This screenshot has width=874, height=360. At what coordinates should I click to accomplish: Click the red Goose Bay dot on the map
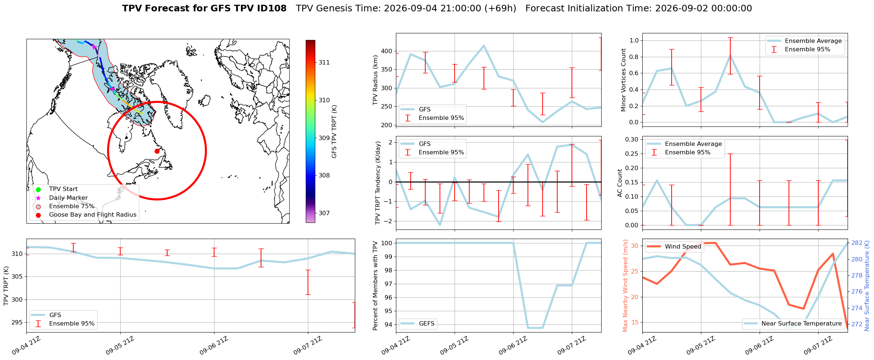click(157, 151)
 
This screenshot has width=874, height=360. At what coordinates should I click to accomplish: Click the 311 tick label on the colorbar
click(324, 62)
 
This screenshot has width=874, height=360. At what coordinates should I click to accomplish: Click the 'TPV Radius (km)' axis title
click(375, 80)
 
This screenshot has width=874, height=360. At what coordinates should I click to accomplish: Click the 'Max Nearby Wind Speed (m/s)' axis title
click(625, 286)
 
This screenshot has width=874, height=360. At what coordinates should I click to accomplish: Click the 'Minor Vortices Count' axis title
click(624, 80)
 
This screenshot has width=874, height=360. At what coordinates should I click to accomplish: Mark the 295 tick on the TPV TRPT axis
click(17, 322)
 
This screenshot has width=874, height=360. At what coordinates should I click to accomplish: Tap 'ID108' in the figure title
click(271, 8)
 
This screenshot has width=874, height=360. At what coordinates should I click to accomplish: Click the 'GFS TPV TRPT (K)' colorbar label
click(334, 131)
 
